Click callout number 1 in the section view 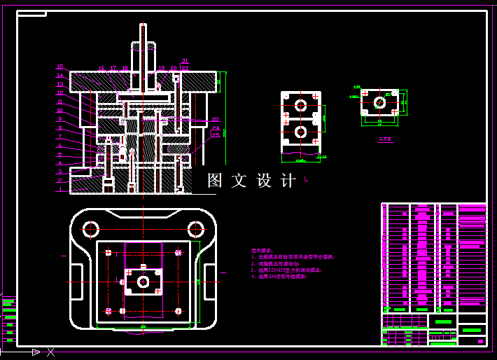[60, 189]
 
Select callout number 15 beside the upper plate [60, 67]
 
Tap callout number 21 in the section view [185, 61]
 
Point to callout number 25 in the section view [216, 135]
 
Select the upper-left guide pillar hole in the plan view [91, 228]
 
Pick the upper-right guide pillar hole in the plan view [195, 228]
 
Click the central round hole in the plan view [143, 282]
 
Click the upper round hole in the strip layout [301, 105]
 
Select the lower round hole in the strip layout [301, 132]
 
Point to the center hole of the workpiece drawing [379, 102]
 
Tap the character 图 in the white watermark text [215, 181]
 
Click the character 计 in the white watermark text [288, 181]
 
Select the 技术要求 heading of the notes [262, 250]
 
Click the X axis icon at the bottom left [50, 352]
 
